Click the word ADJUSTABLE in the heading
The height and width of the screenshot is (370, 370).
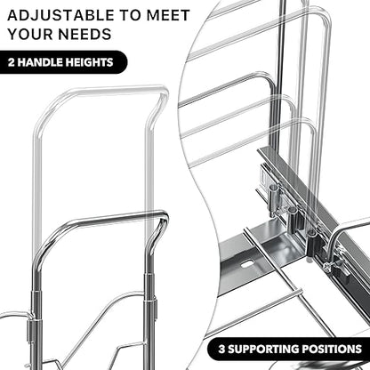tap(60, 15)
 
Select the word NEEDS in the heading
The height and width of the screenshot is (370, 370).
tap(85, 34)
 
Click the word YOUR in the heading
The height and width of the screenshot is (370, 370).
tap(30, 34)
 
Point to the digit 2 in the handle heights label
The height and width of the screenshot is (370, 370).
tap(12, 62)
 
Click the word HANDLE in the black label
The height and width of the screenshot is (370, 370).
tap(40, 62)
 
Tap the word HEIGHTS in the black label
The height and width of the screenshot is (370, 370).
tap(89, 62)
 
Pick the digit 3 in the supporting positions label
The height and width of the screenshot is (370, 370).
tap(221, 349)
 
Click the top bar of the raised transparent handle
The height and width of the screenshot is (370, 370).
tap(114, 91)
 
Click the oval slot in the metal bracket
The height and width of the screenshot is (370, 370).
tap(247, 264)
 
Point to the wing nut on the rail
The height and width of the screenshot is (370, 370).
tap(328, 266)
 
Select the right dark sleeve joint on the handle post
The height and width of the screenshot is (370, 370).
tap(149, 296)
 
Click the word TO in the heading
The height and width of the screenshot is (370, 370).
tap(131, 15)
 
